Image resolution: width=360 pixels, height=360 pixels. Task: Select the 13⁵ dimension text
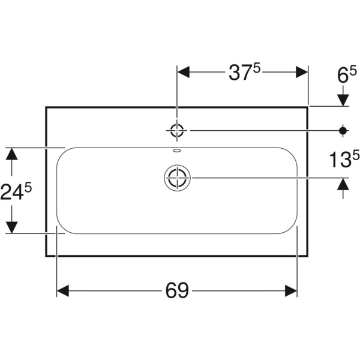point(342,160)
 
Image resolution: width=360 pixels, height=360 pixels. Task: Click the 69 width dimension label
point(177,292)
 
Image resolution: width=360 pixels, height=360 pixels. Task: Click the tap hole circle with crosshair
point(178,130)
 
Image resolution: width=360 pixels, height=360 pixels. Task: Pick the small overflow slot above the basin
point(178,151)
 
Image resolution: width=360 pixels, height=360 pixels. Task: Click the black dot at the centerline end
point(343,130)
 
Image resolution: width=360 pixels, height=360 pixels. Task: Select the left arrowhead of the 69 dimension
point(64,292)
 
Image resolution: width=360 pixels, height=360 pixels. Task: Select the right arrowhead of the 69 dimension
point(292,292)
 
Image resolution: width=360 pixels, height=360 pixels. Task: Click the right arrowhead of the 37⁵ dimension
point(302,72)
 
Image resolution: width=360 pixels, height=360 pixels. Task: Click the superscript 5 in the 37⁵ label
point(256,68)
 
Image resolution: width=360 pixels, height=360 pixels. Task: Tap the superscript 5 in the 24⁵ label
point(28,188)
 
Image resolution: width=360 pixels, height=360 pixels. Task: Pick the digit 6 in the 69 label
point(170,292)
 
